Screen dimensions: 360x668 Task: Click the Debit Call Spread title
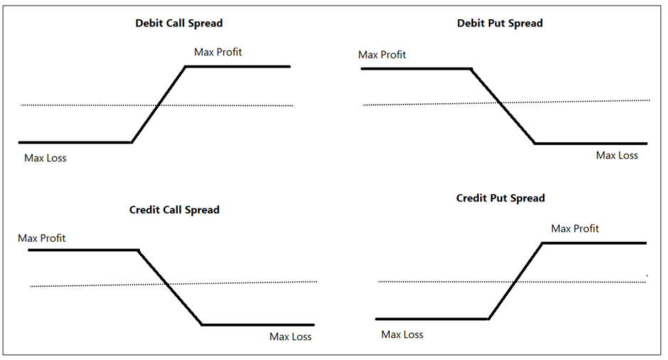tap(179, 23)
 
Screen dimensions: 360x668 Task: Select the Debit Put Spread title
tap(499, 23)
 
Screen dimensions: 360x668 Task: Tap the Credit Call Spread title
tap(174, 210)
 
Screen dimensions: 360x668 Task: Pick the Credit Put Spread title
tap(500, 198)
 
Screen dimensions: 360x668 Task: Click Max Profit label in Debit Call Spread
tap(218, 52)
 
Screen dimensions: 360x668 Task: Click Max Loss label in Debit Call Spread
tap(45, 158)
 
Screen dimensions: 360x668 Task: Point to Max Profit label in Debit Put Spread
tap(382, 55)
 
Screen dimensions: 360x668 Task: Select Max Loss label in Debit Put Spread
tap(617, 155)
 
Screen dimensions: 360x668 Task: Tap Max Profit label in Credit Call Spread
tap(41, 238)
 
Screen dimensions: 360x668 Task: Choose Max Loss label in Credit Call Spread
tap(290, 337)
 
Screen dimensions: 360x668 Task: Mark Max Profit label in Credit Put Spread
tap(575, 228)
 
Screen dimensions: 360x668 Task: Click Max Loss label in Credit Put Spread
tap(402, 334)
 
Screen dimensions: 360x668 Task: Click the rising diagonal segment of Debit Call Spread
tap(158, 105)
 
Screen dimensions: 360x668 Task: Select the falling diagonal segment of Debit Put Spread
tap(503, 106)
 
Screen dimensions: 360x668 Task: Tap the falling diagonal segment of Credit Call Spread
tap(170, 287)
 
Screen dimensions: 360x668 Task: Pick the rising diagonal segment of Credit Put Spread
tap(515, 281)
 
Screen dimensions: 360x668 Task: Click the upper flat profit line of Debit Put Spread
tap(416, 69)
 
